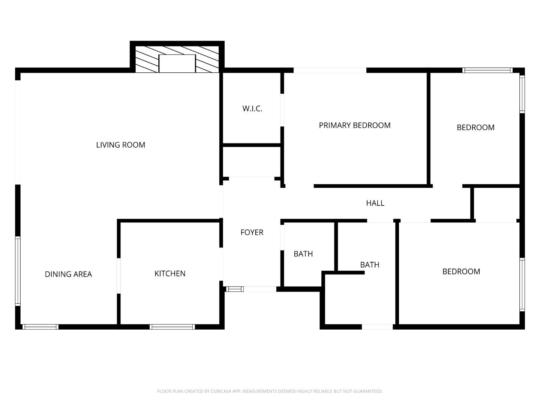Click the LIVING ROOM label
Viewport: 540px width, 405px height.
tap(120, 145)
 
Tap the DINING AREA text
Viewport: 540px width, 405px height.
tap(68, 274)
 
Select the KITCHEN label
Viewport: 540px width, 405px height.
tap(170, 273)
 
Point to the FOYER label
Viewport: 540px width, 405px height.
tap(252, 232)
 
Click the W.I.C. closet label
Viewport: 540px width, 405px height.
tap(252, 109)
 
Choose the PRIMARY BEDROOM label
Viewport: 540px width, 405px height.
tap(354, 125)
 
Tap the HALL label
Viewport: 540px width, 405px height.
tap(375, 203)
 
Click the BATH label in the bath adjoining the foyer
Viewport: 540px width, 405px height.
tap(303, 254)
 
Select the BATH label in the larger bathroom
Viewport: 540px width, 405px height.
tap(369, 265)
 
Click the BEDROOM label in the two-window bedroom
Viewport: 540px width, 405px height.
tap(475, 127)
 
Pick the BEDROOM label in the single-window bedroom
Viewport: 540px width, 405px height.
tap(461, 271)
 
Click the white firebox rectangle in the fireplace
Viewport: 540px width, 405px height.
tap(177, 63)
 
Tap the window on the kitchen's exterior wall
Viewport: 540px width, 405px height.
tap(172, 327)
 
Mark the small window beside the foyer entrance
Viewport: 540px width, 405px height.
tap(235, 289)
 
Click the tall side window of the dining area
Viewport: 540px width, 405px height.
tap(18, 271)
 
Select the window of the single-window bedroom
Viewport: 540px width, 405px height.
tap(522, 285)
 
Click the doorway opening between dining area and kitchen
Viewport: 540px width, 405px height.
tap(118, 276)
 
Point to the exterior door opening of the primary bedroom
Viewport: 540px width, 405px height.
tap(330, 70)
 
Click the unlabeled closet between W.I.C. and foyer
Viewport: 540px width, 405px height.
tap(252, 161)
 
